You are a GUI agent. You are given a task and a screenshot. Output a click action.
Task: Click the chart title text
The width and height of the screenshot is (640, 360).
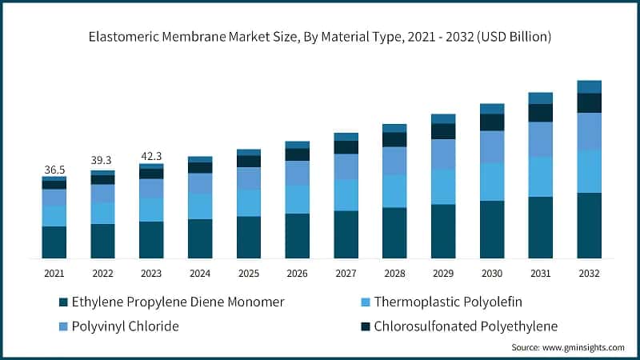[x=320, y=37]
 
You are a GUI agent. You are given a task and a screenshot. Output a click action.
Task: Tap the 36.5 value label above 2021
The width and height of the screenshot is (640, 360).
[x=54, y=170]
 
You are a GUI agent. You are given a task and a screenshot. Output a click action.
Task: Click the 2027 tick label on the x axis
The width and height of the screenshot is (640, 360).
[x=346, y=274]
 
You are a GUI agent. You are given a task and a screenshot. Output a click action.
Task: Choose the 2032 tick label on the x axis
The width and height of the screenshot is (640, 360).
[x=590, y=274]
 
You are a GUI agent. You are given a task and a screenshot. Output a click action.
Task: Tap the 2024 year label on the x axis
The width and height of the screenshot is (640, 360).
[x=200, y=274]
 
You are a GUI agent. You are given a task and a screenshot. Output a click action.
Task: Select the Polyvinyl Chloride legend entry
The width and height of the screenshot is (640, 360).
[x=126, y=326]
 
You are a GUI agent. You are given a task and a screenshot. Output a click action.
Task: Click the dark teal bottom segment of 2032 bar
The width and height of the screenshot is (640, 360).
[x=590, y=225]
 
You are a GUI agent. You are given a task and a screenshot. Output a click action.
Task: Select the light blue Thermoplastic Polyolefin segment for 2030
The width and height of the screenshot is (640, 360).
[x=492, y=182]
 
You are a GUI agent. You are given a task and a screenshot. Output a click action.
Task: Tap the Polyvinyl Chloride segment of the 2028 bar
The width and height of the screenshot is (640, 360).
[x=394, y=161]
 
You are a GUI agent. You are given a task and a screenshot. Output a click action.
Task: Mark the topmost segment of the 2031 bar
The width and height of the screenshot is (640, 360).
[x=541, y=98]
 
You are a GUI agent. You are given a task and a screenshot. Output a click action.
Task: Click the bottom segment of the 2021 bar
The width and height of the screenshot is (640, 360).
[x=54, y=242]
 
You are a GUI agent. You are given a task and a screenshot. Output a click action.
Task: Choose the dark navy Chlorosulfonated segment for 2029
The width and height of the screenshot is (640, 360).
[x=443, y=131]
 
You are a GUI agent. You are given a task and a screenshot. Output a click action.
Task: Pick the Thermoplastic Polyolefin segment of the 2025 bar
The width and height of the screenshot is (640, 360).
[x=249, y=202]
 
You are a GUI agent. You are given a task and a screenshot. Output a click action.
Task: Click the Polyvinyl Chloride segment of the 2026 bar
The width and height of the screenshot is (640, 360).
[x=298, y=173]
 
